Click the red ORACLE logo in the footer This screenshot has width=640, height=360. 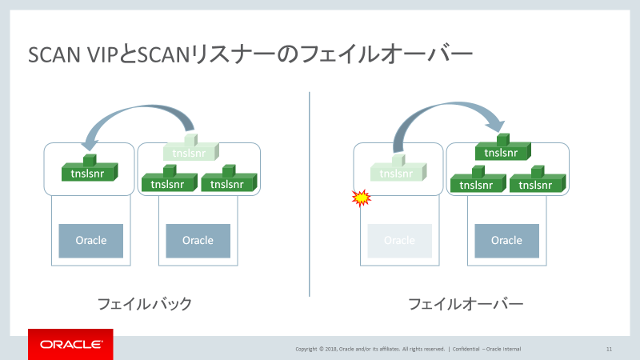pos(70,344)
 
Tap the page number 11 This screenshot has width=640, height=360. pos(609,349)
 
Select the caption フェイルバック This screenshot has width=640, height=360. pos(144,304)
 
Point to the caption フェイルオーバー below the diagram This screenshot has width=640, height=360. pos(466,304)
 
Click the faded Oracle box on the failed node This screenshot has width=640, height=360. pos(399,240)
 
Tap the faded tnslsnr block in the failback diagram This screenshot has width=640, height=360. pos(191,152)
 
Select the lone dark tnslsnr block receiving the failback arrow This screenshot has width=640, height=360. pos(90,172)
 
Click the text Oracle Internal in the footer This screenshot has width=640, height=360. pos(507,349)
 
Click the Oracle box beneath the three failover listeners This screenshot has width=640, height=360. pos(506,240)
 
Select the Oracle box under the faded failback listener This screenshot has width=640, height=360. pos(198,240)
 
